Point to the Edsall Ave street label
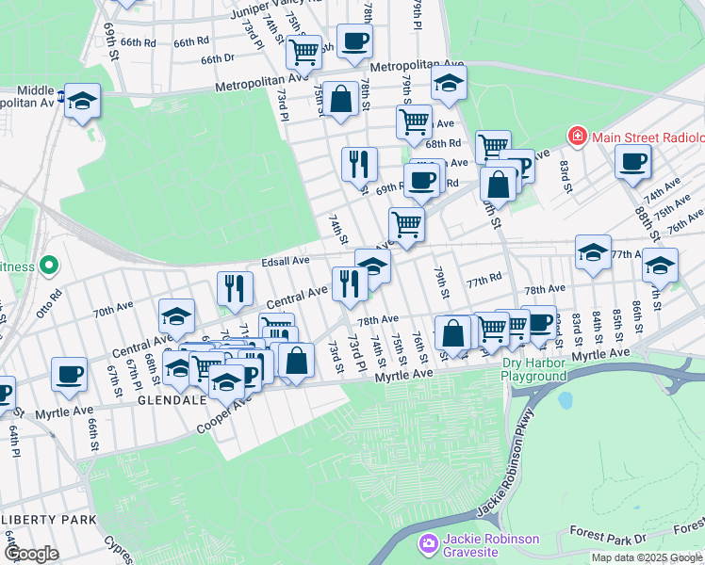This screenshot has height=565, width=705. click(286, 260)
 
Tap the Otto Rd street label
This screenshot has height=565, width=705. click(49, 299)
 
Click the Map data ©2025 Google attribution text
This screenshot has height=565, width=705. click(647, 557)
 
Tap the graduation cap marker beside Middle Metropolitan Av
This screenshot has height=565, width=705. click(83, 101)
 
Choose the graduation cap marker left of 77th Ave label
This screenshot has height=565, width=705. click(592, 253)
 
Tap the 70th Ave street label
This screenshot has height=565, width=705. click(112, 309)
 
